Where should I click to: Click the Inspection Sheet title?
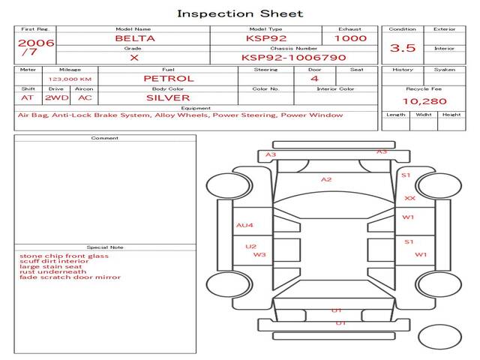[240, 13]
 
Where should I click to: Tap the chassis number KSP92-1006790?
[293, 57]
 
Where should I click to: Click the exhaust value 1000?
[350, 38]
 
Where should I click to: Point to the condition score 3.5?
[403, 48]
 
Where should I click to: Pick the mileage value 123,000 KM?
[70, 79]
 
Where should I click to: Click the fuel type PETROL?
[168, 78]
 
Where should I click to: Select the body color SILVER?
[168, 97]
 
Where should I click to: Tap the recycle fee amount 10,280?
[424, 101]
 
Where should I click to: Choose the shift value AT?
[28, 97]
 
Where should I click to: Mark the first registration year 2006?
[35, 43]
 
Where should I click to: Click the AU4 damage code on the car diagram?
[245, 225]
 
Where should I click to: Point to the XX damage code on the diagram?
[409, 198]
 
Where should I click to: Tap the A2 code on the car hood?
[326, 180]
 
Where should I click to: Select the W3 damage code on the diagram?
[259, 255]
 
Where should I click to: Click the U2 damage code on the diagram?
[251, 246]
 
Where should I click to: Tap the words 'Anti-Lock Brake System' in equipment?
[96, 115]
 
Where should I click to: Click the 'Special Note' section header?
[105, 247]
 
